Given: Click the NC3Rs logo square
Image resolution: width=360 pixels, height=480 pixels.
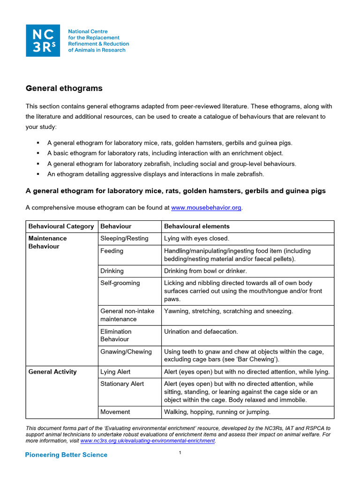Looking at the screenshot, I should point(43,40).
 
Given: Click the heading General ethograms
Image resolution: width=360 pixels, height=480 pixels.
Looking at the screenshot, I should point(64,88).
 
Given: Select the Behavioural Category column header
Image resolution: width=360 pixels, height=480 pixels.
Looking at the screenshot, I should point(61,226).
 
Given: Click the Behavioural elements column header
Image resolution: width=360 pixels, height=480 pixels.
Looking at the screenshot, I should point(196,226).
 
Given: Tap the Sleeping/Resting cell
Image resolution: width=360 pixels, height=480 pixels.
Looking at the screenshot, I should point(124,239).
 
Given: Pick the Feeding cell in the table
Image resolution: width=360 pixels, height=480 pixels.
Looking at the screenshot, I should point(112,251).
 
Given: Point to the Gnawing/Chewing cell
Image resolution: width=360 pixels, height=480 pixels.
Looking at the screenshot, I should point(126,352).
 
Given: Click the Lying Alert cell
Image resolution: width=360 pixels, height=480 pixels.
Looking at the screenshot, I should point(115,372).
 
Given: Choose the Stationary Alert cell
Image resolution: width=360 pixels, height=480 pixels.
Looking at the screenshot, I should point(122,384).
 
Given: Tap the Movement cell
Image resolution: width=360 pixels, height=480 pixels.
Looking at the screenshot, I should point(115,412).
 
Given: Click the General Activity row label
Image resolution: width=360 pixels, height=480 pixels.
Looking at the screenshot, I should point(52,372).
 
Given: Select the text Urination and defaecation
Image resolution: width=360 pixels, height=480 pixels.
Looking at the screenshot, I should point(201,331).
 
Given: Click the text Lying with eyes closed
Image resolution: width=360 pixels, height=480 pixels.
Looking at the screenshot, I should point(196,239).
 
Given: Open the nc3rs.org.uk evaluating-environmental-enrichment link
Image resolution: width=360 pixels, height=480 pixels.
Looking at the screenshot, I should point(148,441).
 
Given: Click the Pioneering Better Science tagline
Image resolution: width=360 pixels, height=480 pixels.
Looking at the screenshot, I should point(66,455).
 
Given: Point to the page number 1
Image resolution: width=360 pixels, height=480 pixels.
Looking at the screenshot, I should point(180,453).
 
